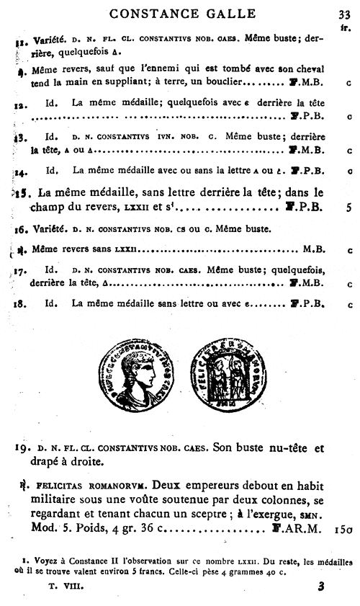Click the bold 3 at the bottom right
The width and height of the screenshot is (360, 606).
321,587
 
